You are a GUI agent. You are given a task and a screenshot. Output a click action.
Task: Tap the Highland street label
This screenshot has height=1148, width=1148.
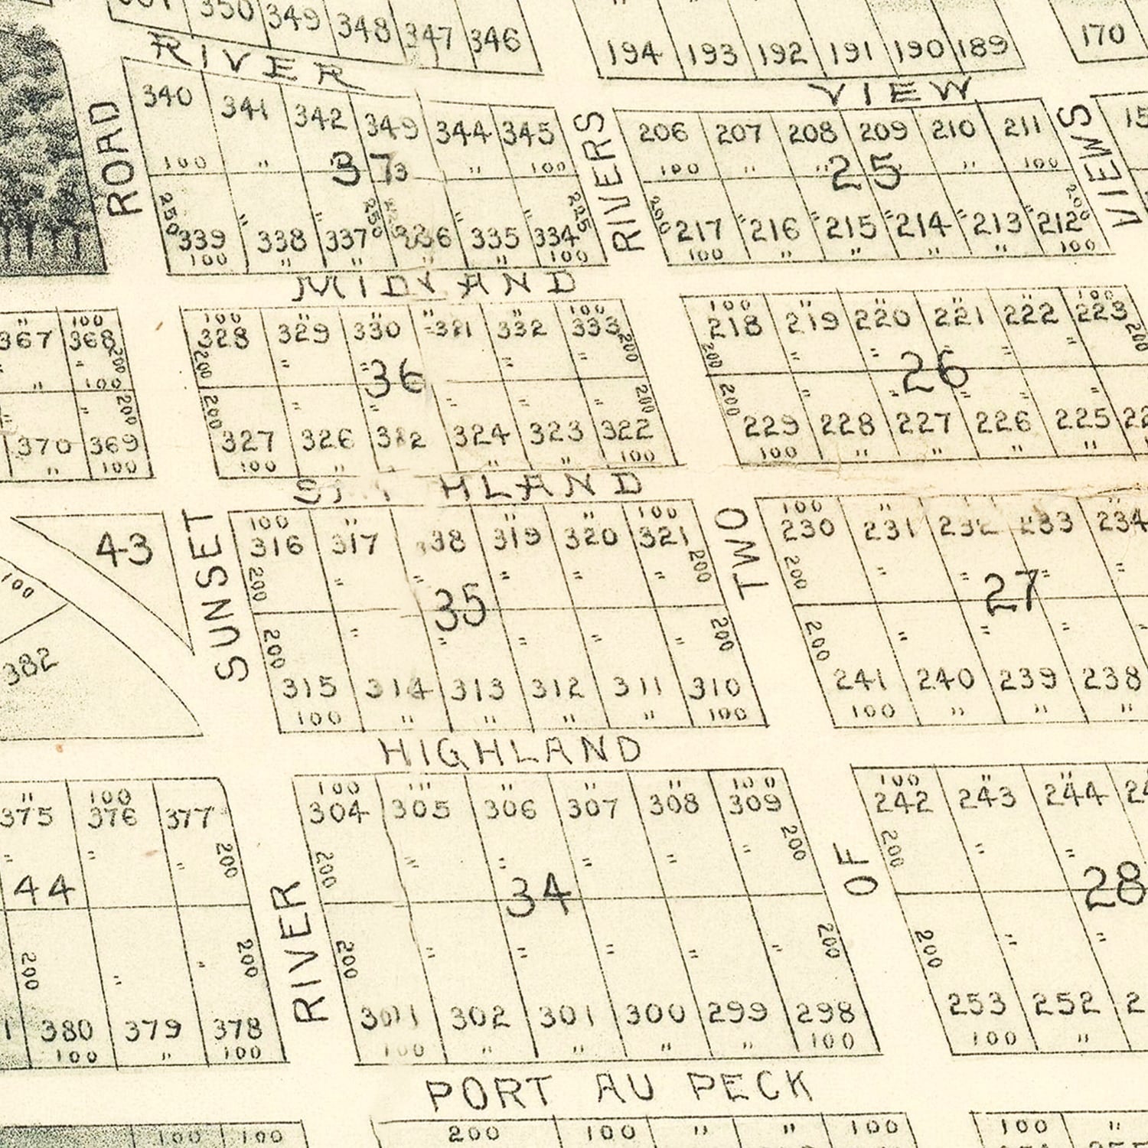point(511,751)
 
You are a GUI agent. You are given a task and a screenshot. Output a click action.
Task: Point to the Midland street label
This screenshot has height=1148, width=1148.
point(435,285)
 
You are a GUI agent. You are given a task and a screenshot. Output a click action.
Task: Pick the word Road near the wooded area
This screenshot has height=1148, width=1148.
point(122,158)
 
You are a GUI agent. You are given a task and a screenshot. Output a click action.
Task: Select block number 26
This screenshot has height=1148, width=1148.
point(934,373)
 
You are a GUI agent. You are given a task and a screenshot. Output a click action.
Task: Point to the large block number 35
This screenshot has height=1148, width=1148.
point(460,605)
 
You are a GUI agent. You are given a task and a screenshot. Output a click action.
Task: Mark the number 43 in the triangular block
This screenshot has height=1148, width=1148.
point(125,549)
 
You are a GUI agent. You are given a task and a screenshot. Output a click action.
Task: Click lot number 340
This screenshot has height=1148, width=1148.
point(168,97)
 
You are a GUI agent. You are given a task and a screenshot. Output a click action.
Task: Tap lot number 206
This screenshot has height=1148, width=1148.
point(663,132)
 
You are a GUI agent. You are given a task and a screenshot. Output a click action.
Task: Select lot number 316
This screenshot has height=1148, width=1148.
point(277,545)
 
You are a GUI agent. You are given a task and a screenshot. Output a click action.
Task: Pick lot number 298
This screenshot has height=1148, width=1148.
point(826,1013)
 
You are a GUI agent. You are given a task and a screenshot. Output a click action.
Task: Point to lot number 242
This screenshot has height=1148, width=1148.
point(903,801)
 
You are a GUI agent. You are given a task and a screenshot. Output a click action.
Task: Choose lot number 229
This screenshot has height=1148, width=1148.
point(771,425)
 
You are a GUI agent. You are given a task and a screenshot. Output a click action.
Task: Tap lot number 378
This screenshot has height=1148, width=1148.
point(237,1028)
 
